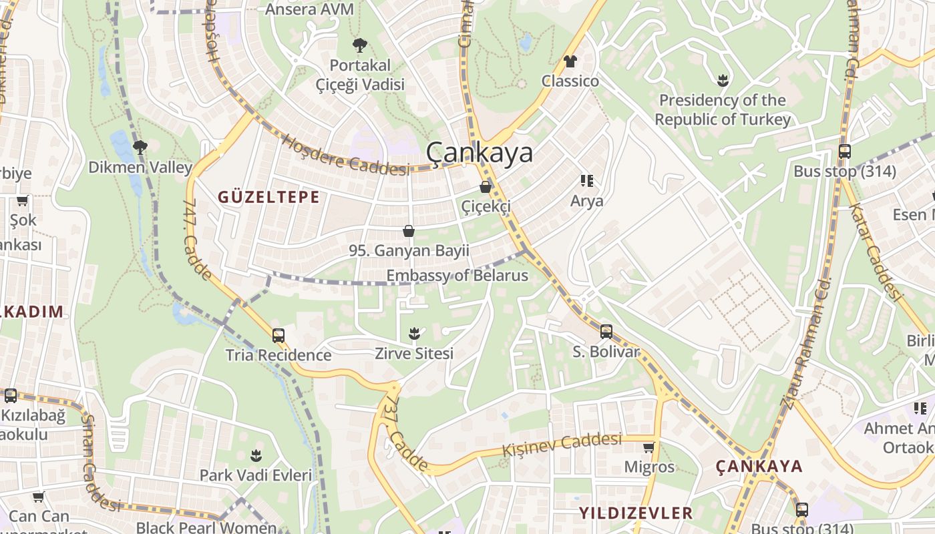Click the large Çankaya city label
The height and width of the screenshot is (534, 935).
[480, 153]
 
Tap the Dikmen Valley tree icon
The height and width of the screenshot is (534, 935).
[140, 146]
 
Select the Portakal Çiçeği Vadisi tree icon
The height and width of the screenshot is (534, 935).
[360, 45]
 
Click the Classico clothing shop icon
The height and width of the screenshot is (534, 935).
[570, 61]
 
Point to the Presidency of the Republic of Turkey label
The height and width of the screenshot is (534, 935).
[722, 110]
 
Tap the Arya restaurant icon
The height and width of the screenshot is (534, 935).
[586, 181]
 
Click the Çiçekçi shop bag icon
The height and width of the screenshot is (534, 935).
[486, 187]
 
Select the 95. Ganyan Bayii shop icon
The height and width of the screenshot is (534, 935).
[409, 231]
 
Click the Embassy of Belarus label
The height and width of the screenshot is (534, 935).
[457, 275]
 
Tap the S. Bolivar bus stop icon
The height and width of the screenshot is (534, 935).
[606, 331]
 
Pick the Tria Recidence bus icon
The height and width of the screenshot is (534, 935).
[278, 335]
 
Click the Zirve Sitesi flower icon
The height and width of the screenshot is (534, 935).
[414, 332]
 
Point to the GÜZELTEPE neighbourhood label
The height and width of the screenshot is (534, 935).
[268, 197]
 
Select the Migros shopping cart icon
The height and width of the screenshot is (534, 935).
[648, 447]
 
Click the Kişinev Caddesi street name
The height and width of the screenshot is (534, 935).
[562, 443]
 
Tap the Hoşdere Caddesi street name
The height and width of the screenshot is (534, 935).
[345, 156]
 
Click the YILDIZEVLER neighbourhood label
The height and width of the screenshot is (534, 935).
[636, 513]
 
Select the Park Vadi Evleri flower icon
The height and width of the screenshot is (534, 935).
[256, 455]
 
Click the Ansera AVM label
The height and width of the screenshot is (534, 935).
[309, 9]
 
